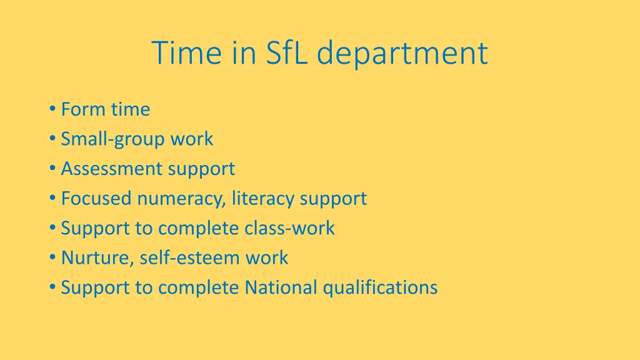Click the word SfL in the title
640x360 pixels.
coord(288,52)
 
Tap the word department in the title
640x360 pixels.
coord(402,54)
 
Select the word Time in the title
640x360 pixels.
coord(186,52)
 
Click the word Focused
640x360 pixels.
coord(97,199)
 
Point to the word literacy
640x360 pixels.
coord(263,199)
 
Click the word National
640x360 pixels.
coord(281,287)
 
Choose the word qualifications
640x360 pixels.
coord(380,287)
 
